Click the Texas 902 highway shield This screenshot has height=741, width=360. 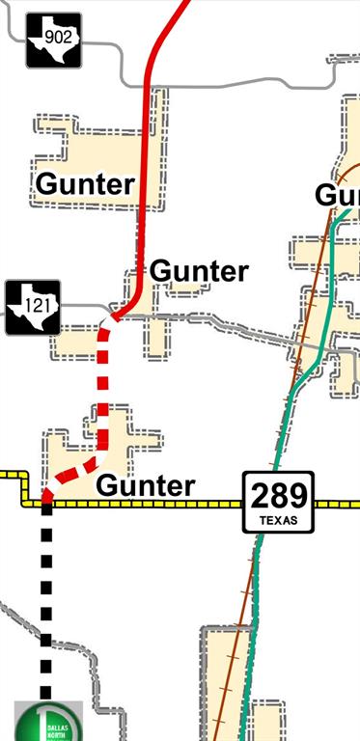[54, 41]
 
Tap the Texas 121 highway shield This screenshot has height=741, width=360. [33, 308]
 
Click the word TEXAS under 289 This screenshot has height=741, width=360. [279, 522]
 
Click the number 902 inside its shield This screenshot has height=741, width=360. [55, 39]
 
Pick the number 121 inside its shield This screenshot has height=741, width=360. [33, 307]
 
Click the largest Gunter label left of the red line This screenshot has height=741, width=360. [84, 183]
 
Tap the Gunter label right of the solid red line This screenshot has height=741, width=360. [200, 271]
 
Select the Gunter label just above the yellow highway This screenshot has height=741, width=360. [146, 485]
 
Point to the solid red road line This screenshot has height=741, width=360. [148, 174]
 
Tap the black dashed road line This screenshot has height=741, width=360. [45, 608]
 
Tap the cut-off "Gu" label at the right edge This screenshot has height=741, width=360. [337, 195]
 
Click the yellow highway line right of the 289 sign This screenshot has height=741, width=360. [338, 504]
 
